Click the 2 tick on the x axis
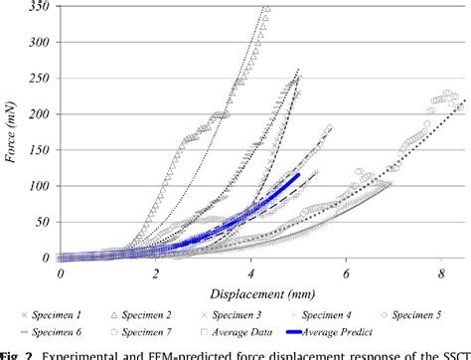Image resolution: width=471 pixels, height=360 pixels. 156,270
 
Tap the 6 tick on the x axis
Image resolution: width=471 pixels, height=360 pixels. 346,270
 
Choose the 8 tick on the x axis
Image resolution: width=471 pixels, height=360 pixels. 440,270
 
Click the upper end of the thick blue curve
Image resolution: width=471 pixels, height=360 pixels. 298,175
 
